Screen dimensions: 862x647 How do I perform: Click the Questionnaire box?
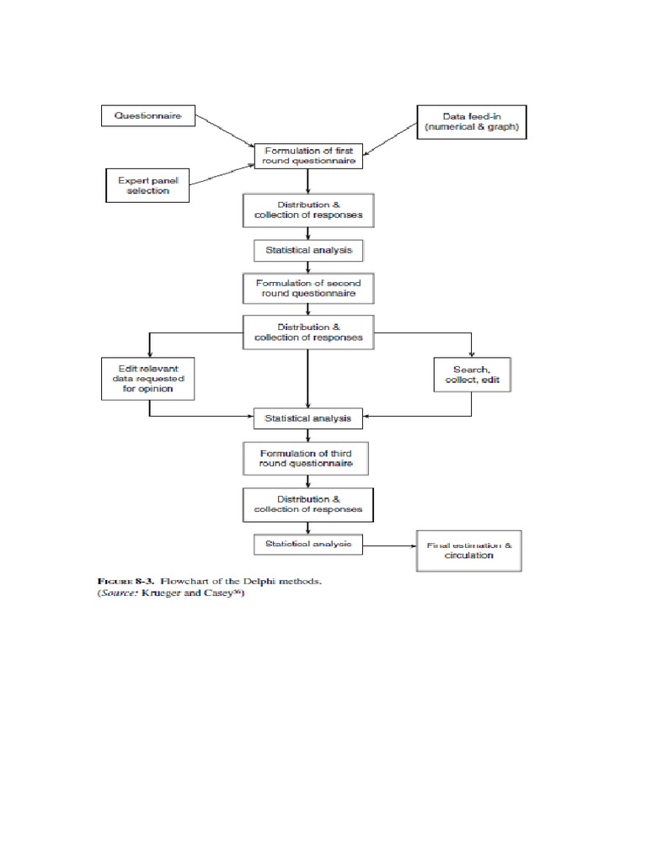[x=148, y=116]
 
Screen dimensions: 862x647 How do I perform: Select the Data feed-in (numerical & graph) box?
[x=471, y=122]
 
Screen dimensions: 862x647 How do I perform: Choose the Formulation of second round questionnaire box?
[x=307, y=289]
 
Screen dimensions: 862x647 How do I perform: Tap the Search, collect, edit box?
[x=471, y=375]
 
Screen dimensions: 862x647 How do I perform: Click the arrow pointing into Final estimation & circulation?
[x=389, y=545]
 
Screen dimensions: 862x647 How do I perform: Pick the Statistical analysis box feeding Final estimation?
[x=307, y=545]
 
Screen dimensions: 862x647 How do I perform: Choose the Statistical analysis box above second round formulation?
[x=307, y=250]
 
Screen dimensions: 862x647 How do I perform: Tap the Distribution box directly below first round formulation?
[x=307, y=210]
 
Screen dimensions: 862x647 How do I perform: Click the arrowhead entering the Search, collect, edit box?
[x=471, y=354]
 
